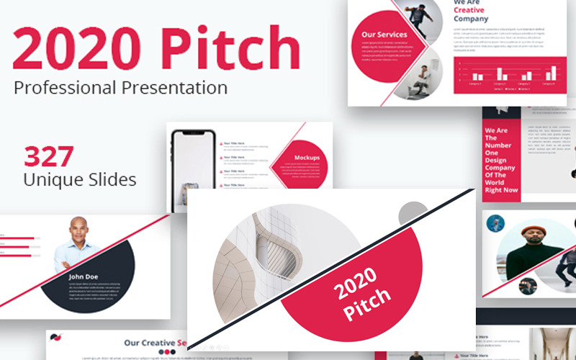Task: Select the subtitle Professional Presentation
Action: (120, 89)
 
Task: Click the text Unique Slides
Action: (79, 179)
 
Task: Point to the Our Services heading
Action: (384, 35)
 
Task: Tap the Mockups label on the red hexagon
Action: (307, 157)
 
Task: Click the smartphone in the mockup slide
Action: (192, 162)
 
